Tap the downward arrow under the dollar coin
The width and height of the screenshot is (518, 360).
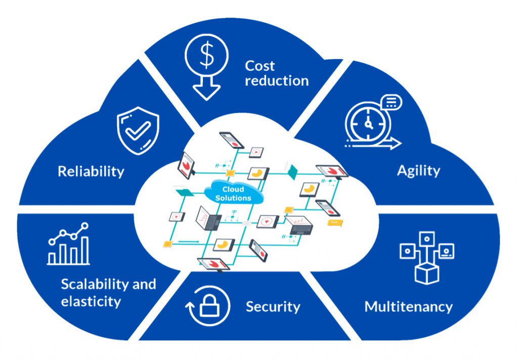point(206,86)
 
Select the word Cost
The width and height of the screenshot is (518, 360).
point(260,66)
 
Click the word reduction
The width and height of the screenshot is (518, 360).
point(277,80)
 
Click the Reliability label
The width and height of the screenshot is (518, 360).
point(91,171)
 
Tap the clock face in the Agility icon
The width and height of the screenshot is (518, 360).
point(368,124)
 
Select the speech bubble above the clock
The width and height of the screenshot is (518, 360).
point(391,102)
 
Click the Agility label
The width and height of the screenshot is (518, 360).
point(418,171)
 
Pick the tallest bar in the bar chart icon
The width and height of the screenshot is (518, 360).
point(85,250)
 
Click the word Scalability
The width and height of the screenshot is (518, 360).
point(95,284)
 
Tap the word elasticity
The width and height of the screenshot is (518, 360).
point(91,301)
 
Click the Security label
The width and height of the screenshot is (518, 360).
point(273,307)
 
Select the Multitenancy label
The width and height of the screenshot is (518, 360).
point(408,307)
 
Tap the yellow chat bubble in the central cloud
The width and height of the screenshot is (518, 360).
point(335,222)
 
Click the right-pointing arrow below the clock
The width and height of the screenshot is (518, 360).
point(373,144)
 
